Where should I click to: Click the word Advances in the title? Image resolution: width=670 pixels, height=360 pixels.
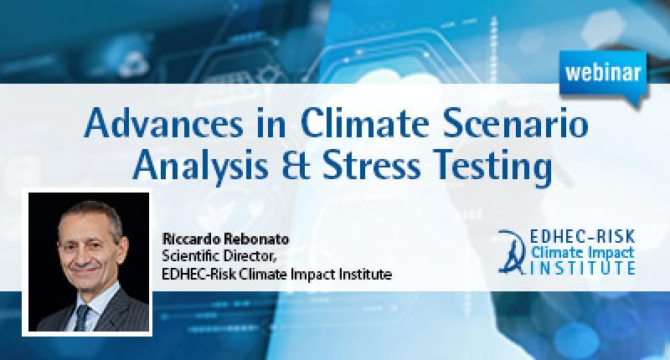[163, 122]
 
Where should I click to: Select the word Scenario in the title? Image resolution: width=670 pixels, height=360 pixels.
[515, 122]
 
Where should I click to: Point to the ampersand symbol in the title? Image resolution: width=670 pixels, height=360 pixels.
[296, 166]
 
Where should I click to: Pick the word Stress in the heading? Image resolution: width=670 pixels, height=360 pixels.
[372, 166]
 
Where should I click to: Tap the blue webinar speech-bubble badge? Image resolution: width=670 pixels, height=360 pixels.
[603, 76]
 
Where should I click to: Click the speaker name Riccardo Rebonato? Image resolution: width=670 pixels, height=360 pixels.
[225, 239]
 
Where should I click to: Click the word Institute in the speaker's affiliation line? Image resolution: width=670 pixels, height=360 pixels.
[365, 273]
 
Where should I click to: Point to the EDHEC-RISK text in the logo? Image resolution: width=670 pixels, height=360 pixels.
[582, 237]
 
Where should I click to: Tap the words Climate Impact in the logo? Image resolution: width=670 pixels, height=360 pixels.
[582, 252]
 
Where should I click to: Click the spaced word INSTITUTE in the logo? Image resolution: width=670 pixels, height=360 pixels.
[582, 268]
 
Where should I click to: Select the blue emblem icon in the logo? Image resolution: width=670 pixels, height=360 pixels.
[512, 251]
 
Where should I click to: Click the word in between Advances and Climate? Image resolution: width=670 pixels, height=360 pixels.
[271, 122]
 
